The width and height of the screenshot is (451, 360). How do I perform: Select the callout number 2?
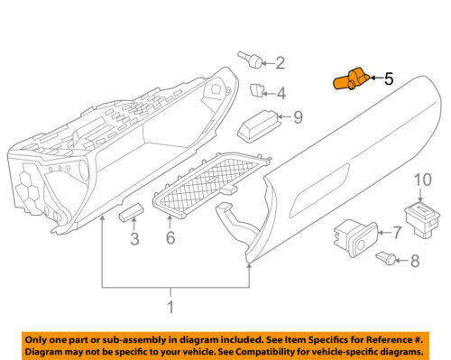280,63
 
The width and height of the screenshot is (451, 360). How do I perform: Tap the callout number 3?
134,240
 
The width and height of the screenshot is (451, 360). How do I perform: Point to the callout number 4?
281,93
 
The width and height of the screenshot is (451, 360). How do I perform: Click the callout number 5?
390,79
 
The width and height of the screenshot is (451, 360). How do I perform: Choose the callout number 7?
396,232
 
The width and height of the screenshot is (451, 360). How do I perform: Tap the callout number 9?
297,116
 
